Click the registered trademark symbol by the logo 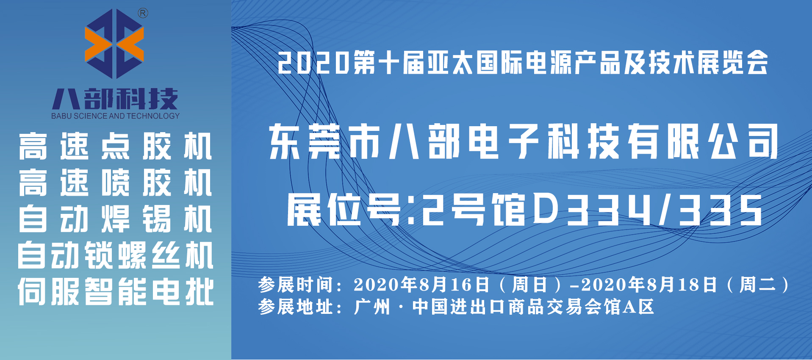[x=143, y=14]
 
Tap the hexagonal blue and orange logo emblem [x=114, y=44]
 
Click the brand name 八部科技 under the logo [x=115, y=99]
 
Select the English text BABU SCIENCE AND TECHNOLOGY [x=115, y=116]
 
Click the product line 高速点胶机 [x=115, y=147]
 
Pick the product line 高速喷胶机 [x=115, y=183]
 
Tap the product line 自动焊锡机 [x=115, y=219]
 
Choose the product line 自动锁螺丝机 [x=115, y=255]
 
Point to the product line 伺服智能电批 [x=115, y=292]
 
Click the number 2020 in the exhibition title [x=313, y=63]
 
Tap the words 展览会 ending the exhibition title [x=732, y=63]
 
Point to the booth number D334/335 [x=648, y=210]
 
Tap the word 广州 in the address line [x=372, y=307]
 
